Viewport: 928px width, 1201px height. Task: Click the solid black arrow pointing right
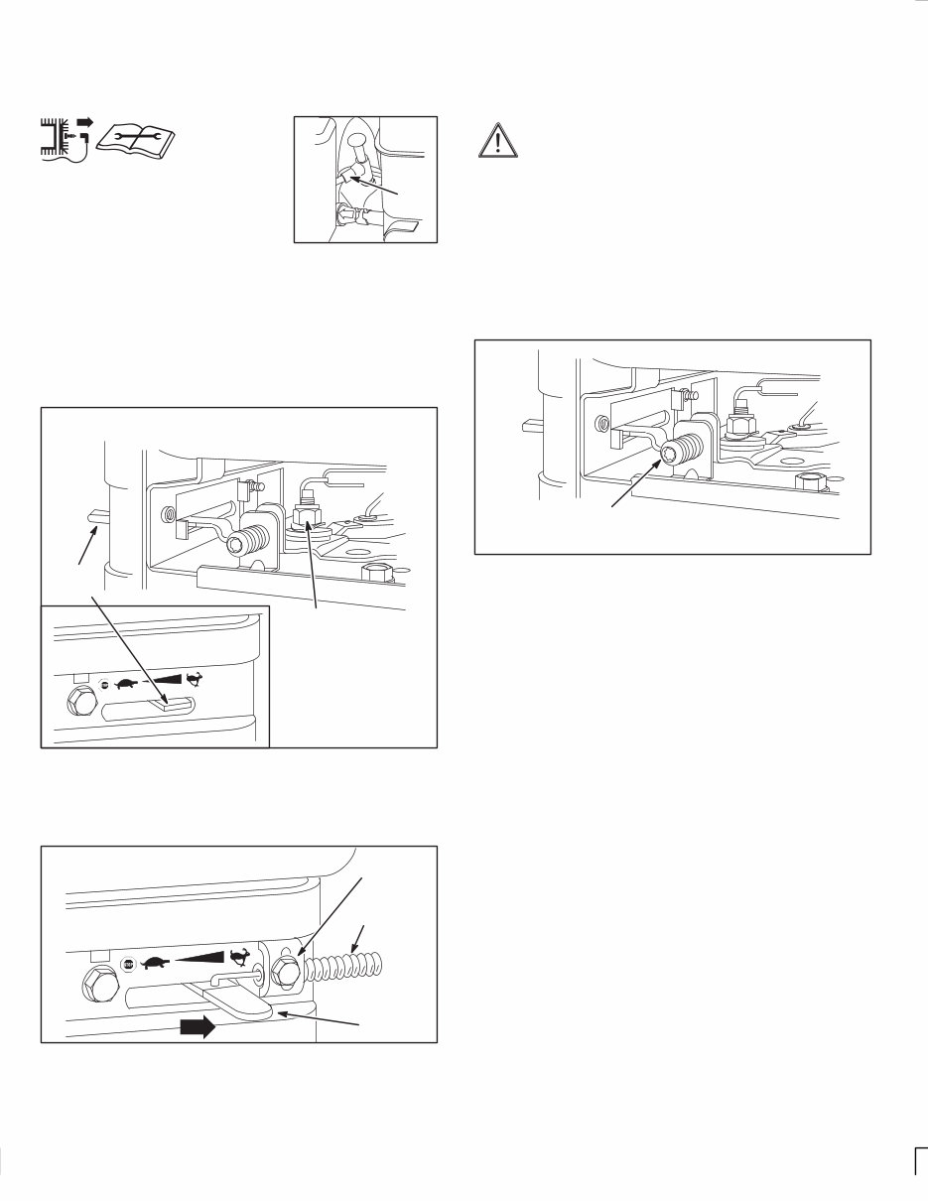pyautogui.click(x=197, y=1028)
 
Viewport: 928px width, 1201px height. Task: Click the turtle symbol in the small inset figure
pyautogui.click(x=125, y=684)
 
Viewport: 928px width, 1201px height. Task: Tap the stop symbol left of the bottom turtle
pyautogui.click(x=128, y=964)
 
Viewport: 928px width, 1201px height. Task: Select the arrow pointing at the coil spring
pyautogui.click(x=360, y=935)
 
